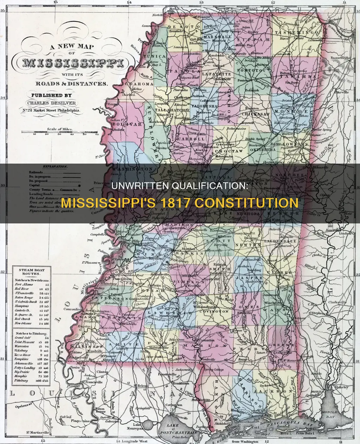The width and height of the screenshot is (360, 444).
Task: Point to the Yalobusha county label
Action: coord(205,106)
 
